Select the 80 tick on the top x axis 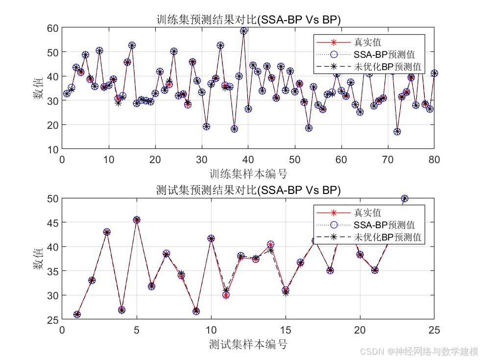click(x=434, y=159)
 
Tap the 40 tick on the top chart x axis click(x=248, y=159)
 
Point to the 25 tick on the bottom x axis click(x=434, y=330)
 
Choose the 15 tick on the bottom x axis click(x=285, y=330)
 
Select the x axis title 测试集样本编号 click(x=248, y=344)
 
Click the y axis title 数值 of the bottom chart click(x=38, y=259)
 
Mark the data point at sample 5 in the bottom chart click(x=137, y=220)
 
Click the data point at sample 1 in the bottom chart click(x=77, y=314)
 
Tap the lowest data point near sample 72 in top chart click(x=397, y=132)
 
